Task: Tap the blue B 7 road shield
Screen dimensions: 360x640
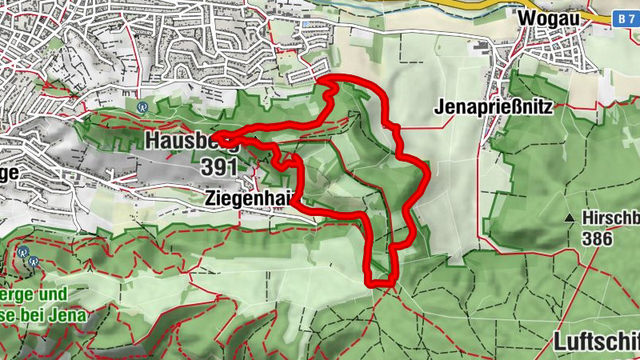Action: click(x=626, y=17)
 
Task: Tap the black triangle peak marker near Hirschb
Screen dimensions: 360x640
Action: click(x=570, y=218)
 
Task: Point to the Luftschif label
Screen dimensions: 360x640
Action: click(x=596, y=342)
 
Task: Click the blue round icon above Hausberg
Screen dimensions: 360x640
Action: click(x=143, y=106)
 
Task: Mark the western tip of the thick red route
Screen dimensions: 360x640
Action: click(x=217, y=137)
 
